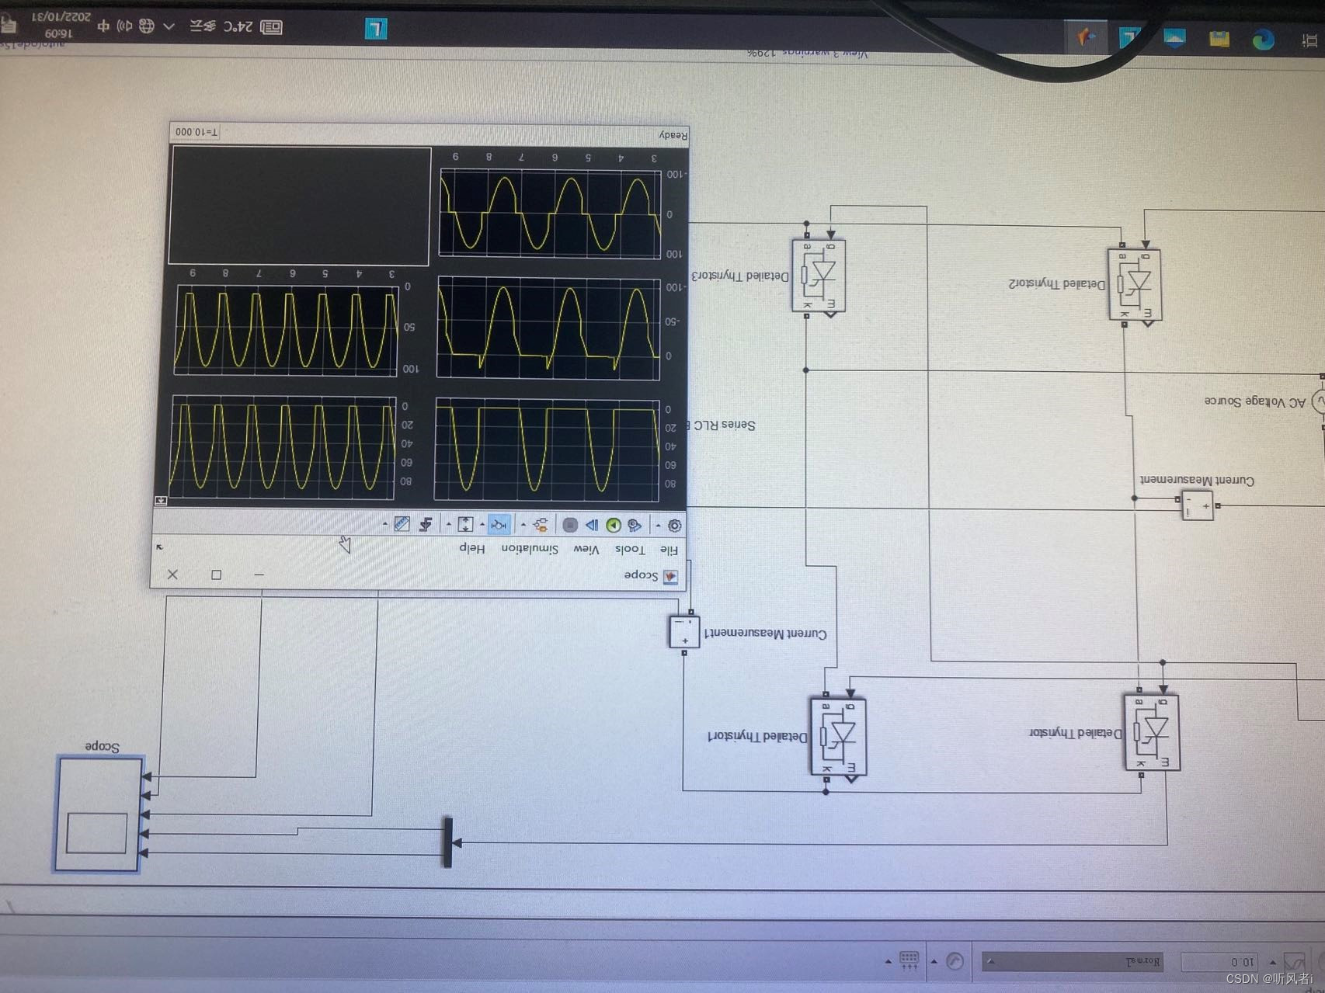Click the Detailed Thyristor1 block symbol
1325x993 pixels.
(838, 735)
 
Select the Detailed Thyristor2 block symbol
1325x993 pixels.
(1134, 284)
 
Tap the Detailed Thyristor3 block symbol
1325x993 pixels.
(819, 275)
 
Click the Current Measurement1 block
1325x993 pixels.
(684, 632)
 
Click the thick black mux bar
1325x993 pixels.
(447, 842)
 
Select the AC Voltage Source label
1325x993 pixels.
(1254, 401)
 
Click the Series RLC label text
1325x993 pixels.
(724, 425)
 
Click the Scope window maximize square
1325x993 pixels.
(216, 575)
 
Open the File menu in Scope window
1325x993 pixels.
(668, 550)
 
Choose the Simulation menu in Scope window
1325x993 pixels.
(530, 549)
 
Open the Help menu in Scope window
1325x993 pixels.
(471, 547)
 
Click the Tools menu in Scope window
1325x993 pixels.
(630, 550)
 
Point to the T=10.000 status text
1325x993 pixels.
(196, 132)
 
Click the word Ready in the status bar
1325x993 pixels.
(673, 135)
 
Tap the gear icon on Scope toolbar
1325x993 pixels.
(674, 526)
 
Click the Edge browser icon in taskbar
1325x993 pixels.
(1263, 39)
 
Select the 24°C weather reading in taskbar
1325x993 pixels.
(238, 27)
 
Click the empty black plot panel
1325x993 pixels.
(300, 206)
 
